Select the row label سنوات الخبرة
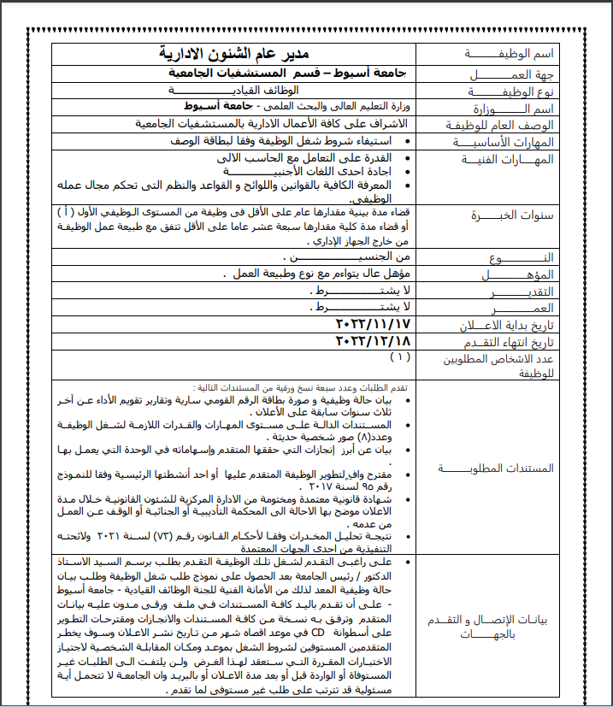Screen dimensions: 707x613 pos(512,215)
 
